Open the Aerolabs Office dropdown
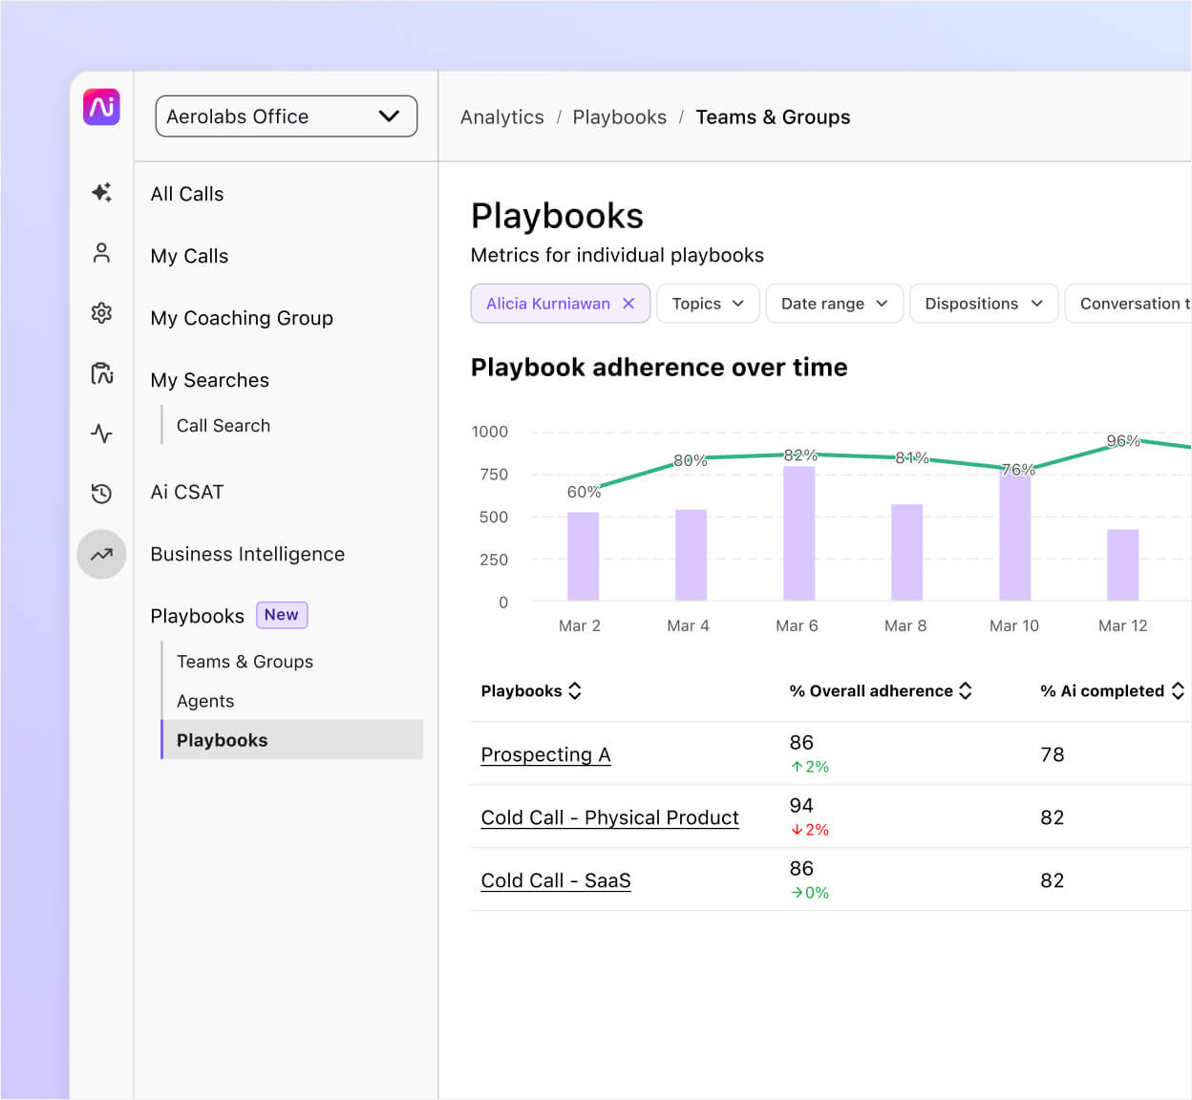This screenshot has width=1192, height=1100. [286, 116]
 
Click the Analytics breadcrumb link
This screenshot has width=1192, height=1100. [501, 117]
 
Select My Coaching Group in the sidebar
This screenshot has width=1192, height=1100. [242, 318]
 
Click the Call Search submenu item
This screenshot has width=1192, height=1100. [223, 426]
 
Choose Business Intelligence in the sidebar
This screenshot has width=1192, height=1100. [247, 554]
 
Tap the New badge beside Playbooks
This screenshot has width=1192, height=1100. [282, 615]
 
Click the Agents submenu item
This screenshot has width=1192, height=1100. [205, 701]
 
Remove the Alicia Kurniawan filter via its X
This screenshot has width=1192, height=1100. [628, 304]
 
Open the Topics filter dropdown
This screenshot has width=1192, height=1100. [707, 304]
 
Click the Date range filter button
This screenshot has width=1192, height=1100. [834, 304]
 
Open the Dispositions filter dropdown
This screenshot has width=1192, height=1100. [983, 304]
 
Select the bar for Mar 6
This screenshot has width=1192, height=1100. [798, 533]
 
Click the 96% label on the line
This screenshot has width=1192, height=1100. [1122, 441]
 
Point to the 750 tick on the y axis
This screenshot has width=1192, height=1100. [494, 475]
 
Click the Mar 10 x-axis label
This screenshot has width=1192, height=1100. [1013, 625]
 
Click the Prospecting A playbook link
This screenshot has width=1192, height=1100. [545, 754]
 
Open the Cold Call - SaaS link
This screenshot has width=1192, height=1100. [556, 880]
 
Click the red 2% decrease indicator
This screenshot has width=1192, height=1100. [810, 830]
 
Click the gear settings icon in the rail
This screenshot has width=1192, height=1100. [101, 313]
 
